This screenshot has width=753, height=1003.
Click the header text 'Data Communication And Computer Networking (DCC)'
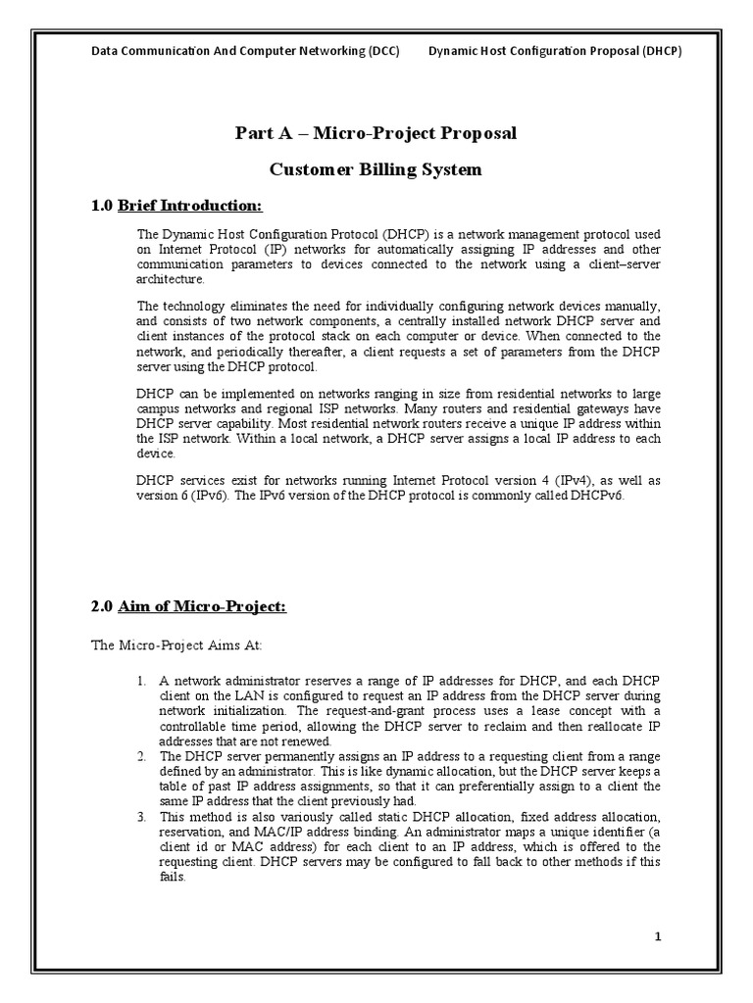point(245,51)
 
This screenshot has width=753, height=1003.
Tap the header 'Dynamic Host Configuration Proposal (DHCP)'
point(555,51)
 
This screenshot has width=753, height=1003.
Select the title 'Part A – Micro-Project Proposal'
point(376,133)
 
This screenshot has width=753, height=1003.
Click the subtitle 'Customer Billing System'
point(376,169)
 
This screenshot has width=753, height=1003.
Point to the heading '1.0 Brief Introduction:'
point(176,206)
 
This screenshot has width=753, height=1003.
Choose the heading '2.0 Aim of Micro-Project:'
point(188,607)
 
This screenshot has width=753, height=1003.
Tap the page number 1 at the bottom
point(659,936)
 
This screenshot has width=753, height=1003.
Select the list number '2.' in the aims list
point(142,756)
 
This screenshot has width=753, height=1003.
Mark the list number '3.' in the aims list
point(142,817)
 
